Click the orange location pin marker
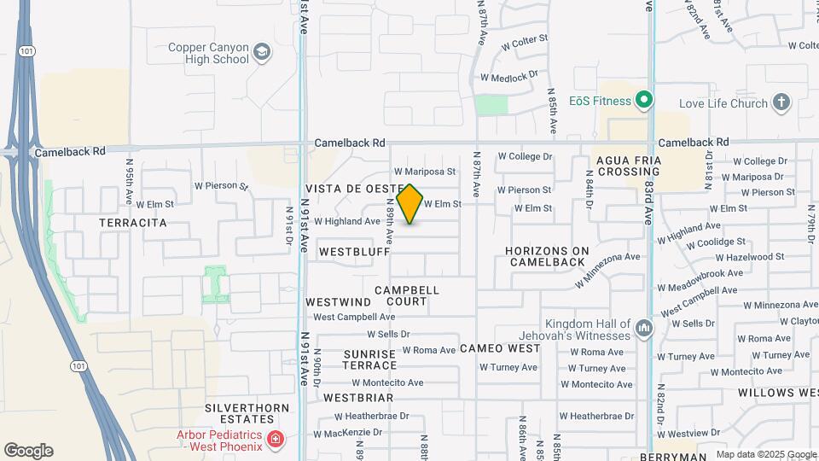click(x=409, y=203)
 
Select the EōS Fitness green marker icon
click(x=645, y=102)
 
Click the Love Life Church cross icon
click(x=781, y=103)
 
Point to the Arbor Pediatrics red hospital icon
click(x=275, y=440)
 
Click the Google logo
click(x=28, y=451)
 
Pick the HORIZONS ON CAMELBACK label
click(x=547, y=256)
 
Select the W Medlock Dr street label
click(x=509, y=75)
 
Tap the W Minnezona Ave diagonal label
click(x=607, y=270)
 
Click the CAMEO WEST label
click(x=500, y=348)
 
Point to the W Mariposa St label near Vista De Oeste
click(x=425, y=172)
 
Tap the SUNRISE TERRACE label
click(x=370, y=359)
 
